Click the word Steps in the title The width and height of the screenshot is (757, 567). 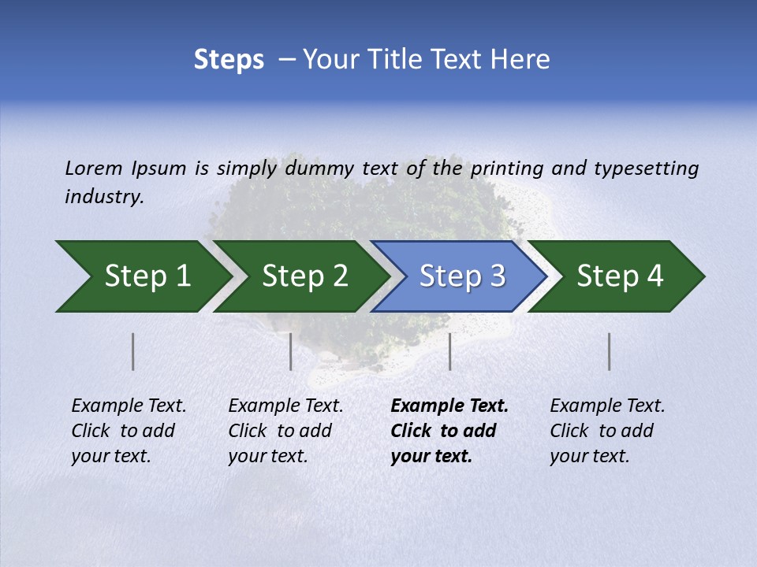(229, 60)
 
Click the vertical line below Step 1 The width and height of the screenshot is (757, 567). (133, 351)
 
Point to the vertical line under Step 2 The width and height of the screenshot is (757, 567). (291, 351)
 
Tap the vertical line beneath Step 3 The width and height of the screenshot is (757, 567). (450, 351)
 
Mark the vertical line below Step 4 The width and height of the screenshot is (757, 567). (610, 351)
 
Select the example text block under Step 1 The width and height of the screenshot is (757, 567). (129, 431)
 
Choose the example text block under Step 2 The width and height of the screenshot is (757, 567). (285, 431)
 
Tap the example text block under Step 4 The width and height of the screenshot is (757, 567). (607, 431)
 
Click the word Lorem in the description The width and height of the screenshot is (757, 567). (94, 168)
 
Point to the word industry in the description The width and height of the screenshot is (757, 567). (103, 196)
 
